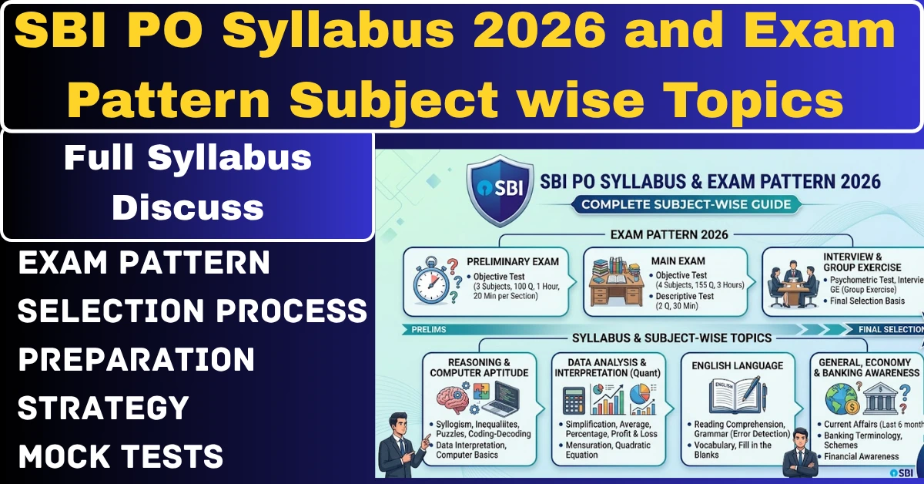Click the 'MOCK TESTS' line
coord(121,456)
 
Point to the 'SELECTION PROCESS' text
coord(192,311)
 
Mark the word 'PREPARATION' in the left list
coord(136,359)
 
